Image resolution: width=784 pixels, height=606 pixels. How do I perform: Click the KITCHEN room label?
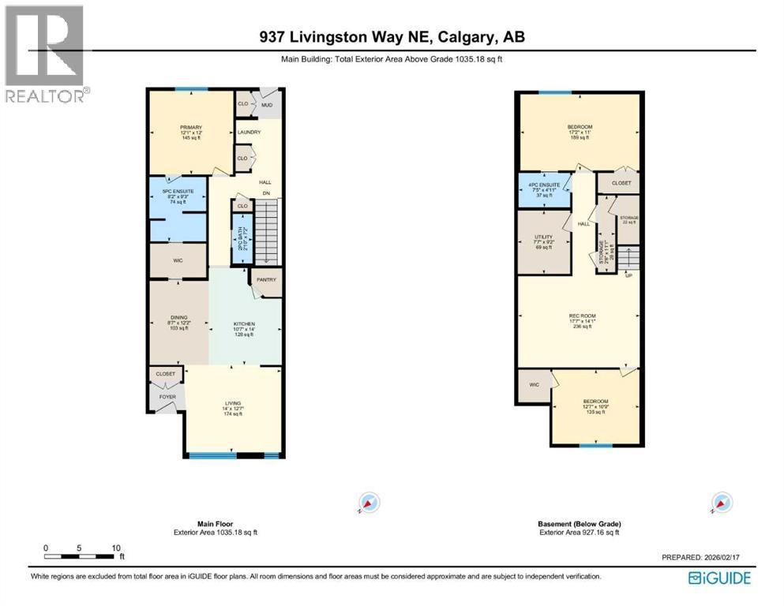(244, 324)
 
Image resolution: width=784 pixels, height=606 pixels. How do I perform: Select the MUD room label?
(267, 104)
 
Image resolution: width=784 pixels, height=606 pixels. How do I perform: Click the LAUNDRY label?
(249, 132)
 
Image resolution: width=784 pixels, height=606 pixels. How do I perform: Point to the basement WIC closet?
(534, 384)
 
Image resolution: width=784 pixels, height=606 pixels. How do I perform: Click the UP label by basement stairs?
(628, 275)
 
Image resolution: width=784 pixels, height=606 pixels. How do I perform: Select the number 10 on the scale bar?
(116, 548)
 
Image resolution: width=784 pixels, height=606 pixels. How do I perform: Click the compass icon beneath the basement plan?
(719, 503)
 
